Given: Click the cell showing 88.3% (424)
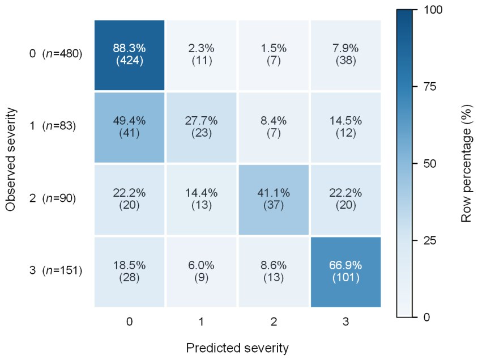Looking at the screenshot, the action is click(x=129, y=55).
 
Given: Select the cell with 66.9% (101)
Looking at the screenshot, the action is click(x=345, y=272).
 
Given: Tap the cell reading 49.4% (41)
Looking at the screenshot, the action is click(x=129, y=127).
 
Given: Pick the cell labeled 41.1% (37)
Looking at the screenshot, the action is click(x=274, y=200).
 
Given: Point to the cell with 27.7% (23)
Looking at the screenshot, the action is click(x=202, y=127).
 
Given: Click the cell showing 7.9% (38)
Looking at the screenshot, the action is click(x=345, y=55).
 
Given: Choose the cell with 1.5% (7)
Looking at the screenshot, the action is click(x=274, y=55).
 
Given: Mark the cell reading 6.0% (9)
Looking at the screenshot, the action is click(x=202, y=272).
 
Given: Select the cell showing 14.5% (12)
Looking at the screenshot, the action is click(x=345, y=127).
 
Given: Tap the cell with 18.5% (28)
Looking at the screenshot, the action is click(x=129, y=272).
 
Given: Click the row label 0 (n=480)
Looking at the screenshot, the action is click(x=56, y=54).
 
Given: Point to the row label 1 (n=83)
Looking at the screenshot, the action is click(x=53, y=126).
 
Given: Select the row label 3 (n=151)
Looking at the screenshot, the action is click(x=56, y=270).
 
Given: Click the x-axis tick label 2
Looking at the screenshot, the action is click(x=274, y=321).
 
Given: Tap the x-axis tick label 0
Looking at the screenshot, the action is click(x=130, y=321).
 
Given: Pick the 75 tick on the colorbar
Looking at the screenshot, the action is click(x=430, y=87).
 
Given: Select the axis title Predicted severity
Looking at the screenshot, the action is click(x=237, y=348).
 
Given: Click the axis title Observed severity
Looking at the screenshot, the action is click(x=10, y=159).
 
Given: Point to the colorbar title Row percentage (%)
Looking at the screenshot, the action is click(x=467, y=163).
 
